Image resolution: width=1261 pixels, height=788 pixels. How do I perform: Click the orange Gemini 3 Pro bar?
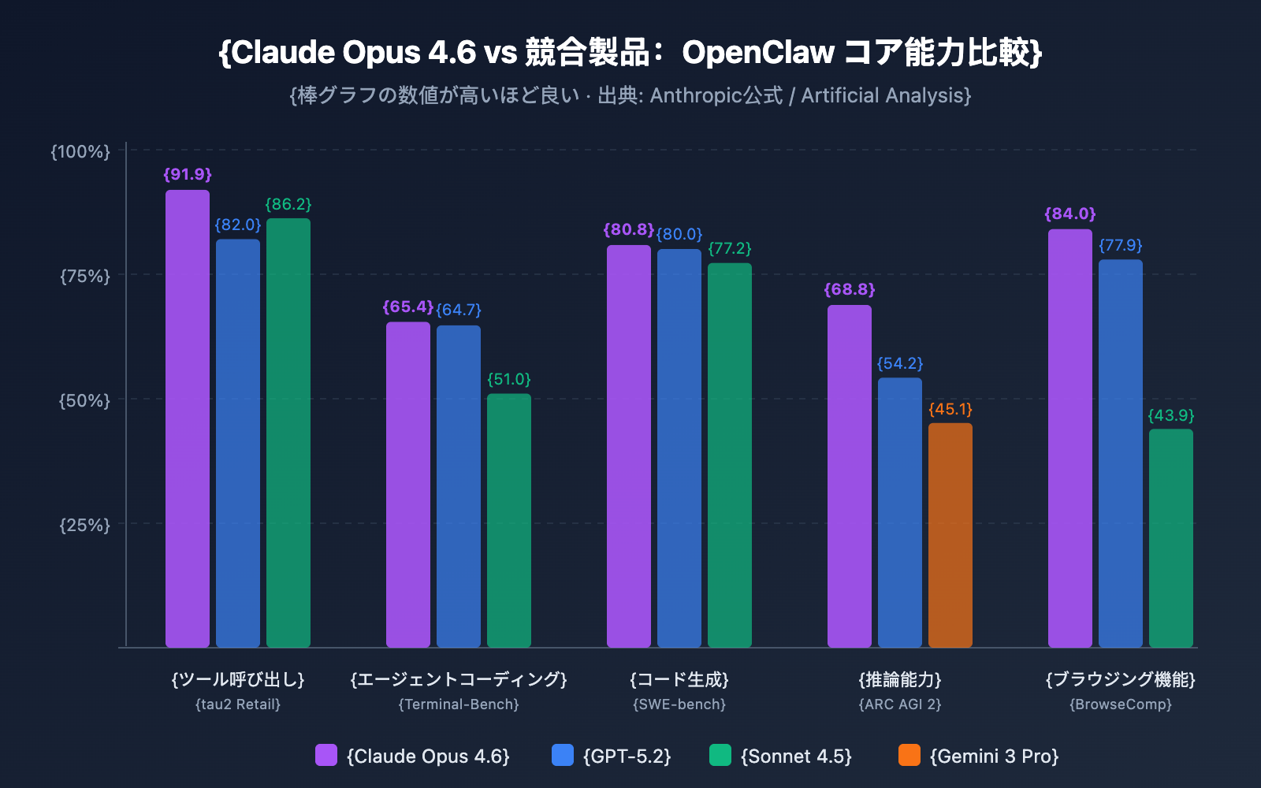(950, 536)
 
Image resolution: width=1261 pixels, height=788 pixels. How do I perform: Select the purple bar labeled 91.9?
(188, 418)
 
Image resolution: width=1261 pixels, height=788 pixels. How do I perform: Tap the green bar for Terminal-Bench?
(508, 520)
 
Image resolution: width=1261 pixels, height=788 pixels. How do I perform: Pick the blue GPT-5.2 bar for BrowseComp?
(1120, 453)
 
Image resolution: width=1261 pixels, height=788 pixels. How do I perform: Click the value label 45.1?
(950, 410)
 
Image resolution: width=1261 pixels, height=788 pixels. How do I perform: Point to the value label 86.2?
(288, 205)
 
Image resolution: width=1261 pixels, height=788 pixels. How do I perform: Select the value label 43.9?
(1170, 415)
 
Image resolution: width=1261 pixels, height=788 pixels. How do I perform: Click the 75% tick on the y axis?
(85, 276)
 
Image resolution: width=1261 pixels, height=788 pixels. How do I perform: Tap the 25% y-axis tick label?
(85, 525)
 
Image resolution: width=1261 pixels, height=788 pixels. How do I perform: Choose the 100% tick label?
(81, 151)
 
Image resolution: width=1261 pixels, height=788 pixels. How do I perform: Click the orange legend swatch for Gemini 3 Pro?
(909, 755)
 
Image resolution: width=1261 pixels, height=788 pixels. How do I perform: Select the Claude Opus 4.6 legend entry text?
(428, 756)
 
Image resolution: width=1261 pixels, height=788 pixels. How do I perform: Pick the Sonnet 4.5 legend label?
(796, 756)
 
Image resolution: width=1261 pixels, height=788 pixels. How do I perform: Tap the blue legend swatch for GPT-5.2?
(563, 755)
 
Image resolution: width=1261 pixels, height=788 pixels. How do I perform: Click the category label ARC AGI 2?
(899, 704)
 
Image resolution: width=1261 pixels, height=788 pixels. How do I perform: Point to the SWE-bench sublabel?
(679, 704)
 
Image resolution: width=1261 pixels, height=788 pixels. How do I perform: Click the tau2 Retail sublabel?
(237, 704)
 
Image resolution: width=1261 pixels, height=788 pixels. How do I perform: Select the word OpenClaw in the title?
(757, 53)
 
